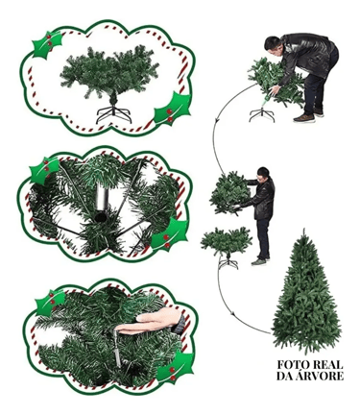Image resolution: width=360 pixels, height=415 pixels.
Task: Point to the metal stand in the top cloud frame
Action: coord(113,113)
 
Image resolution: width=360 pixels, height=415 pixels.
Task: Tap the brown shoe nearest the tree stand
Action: coord(303,118)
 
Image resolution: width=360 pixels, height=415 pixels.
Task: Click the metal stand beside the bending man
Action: coord(262,115)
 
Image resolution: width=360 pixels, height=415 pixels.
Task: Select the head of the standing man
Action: coord(263,175)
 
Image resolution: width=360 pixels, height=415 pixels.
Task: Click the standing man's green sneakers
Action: coord(259,261)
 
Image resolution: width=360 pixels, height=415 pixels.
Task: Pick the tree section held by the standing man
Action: coord(229,193)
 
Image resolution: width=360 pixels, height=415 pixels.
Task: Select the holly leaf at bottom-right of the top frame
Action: coord(172,110)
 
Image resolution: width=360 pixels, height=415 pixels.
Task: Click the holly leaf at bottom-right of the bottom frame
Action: coord(177,366)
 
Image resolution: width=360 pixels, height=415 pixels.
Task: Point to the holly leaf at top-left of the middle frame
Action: coord(45,170)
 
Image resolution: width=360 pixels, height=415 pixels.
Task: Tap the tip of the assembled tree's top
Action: coord(303,229)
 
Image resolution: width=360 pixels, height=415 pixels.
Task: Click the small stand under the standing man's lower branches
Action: coord(228,262)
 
